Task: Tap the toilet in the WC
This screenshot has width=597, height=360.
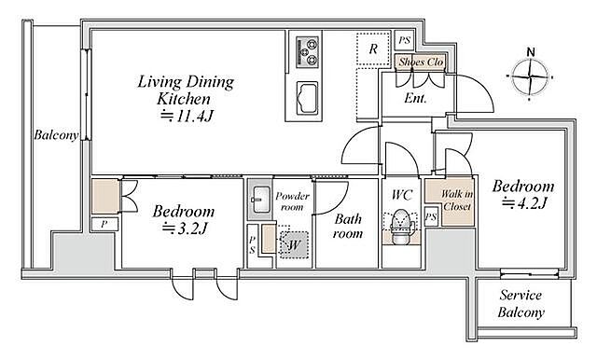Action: click(x=399, y=228)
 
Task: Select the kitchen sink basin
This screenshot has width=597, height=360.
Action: click(x=308, y=98)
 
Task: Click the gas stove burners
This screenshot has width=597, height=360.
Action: click(x=308, y=52)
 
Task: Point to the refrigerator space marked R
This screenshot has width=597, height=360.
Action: click(x=373, y=49)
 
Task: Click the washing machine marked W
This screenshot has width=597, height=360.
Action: click(x=293, y=244)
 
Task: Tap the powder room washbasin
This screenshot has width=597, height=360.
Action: click(x=260, y=200)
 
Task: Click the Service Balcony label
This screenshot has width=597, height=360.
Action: click(x=521, y=304)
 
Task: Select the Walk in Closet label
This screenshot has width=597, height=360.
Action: click(x=457, y=201)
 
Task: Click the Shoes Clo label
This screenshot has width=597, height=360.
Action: click(x=421, y=62)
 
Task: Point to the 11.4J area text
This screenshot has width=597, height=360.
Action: click(x=187, y=116)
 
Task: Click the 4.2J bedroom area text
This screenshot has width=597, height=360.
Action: click(x=524, y=203)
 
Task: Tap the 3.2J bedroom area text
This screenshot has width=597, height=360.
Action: click(x=185, y=228)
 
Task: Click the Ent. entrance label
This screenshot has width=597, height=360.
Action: click(x=415, y=98)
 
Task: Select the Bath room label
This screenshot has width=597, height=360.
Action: click(x=348, y=226)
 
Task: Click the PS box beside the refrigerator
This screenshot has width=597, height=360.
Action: click(x=405, y=40)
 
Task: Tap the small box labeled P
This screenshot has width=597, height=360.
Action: click(x=104, y=224)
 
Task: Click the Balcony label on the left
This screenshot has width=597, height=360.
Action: click(x=56, y=134)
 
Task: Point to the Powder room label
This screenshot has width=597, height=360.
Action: click(x=292, y=201)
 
